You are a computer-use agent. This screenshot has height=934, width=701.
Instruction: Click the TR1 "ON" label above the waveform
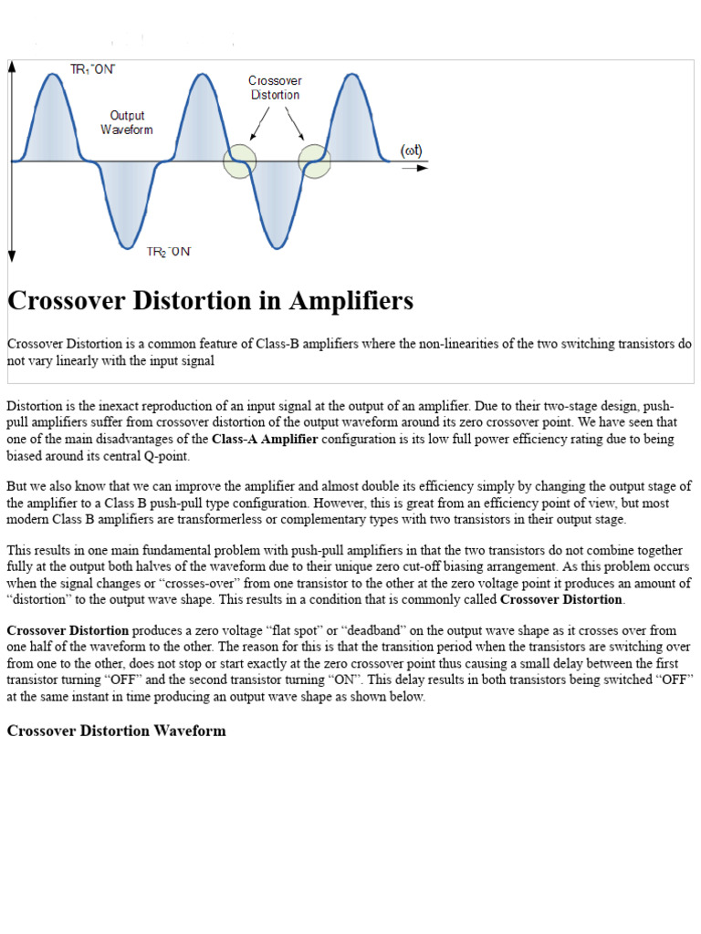(93, 69)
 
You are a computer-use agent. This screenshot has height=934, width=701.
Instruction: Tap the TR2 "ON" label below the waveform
(169, 252)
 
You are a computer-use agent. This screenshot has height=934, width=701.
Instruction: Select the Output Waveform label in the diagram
(127, 122)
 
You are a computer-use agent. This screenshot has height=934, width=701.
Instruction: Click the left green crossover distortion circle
(240, 161)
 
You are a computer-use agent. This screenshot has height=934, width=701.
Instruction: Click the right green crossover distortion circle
(314, 161)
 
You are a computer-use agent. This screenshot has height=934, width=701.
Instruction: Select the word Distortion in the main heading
(194, 301)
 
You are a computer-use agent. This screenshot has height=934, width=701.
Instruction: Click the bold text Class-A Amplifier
(265, 440)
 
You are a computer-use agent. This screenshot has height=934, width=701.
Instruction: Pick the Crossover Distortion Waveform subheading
(116, 731)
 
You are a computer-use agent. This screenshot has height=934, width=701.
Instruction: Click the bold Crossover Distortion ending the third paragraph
(561, 599)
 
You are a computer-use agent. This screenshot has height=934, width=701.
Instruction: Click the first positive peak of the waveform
(52, 76)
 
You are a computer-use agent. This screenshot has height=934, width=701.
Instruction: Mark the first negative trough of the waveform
(127, 246)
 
